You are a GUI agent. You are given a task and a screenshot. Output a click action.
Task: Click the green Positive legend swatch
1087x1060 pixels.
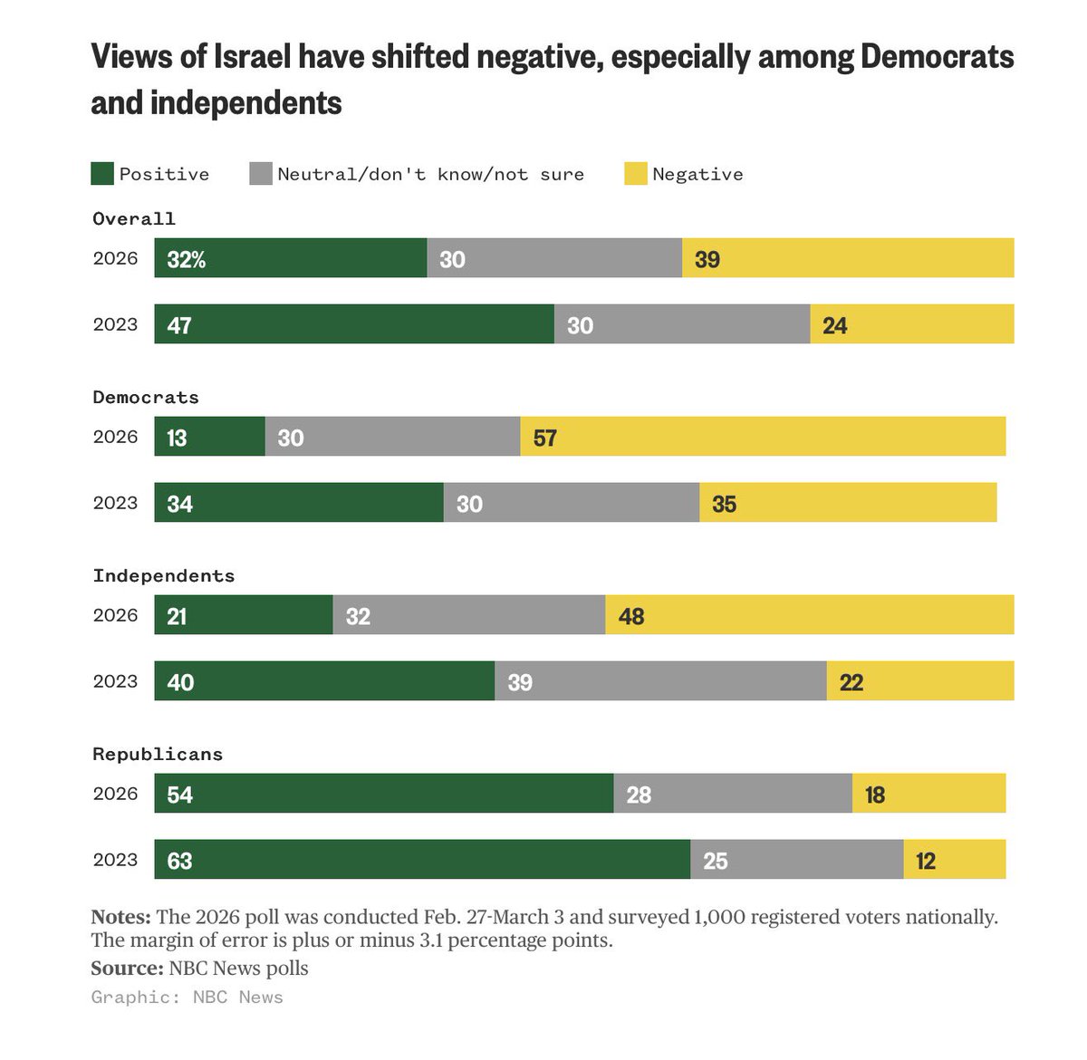(102, 174)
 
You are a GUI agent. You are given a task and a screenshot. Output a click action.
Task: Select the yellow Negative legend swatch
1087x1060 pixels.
(636, 174)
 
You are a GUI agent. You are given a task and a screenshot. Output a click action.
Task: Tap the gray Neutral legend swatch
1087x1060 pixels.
(261, 174)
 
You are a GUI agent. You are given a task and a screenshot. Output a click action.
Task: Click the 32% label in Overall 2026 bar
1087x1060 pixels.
(187, 259)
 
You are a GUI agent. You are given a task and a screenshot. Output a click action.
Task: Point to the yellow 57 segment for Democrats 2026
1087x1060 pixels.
(763, 437)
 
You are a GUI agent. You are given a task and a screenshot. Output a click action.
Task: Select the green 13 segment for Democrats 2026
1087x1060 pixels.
(210, 437)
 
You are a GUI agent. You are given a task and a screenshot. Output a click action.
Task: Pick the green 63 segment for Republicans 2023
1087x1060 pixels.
(422, 860)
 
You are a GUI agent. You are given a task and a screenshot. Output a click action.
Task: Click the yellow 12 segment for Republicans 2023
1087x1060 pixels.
(955, 860)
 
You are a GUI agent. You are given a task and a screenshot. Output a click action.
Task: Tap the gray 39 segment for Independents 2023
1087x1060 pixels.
(660, 681)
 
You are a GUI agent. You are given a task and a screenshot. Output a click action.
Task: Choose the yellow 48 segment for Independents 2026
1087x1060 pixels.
(810, 615)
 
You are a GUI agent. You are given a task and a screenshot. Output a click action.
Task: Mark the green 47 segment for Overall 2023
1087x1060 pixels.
(354, 324)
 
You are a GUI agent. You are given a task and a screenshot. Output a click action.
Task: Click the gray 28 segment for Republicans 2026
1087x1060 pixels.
(733, 794)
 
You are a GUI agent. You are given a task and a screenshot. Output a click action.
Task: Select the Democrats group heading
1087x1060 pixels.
(146, 397)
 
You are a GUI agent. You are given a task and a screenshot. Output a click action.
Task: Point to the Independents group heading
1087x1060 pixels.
(164, 575)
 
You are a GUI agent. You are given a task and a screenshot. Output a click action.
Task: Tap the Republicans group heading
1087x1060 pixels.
(158, 754)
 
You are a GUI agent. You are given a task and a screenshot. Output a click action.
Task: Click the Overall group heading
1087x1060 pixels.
(134, 218)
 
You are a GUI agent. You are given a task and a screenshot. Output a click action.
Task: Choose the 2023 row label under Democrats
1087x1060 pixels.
(115, 503)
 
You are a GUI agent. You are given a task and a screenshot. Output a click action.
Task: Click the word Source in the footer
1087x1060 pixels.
(126, 968)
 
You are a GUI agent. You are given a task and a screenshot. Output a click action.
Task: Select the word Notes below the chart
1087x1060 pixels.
(121, 917)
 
